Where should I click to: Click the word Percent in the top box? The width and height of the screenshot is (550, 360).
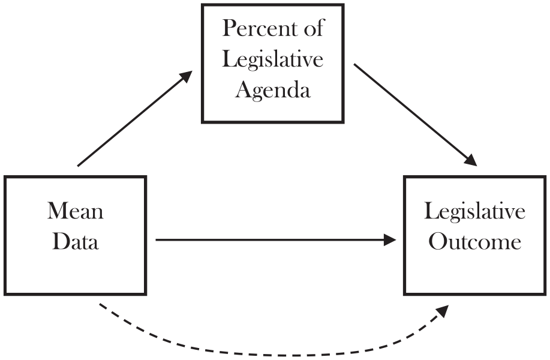[x=260, y=28]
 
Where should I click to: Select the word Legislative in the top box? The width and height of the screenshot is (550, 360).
[x=272, y=59]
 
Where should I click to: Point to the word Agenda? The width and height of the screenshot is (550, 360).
[x=273, y=91]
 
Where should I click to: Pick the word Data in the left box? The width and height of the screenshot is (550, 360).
[x=76, y=242]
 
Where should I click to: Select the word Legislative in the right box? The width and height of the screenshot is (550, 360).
[x=474, y=212]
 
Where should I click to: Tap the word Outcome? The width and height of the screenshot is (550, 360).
[x=475, y=242]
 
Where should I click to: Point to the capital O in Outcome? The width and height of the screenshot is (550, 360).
[x=438, y=242]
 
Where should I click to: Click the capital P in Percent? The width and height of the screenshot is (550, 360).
[x=229, y=28]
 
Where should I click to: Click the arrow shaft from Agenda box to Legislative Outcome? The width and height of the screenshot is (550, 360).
[x=410, y=111]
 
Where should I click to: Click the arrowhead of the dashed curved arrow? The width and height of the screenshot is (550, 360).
[x=442, y=311]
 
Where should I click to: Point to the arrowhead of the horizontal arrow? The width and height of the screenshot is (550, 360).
[x=390, y=240]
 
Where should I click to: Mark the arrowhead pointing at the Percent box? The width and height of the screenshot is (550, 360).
[x=187, y=76]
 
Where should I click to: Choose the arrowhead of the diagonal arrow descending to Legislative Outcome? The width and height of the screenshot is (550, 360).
[x=471, y=160]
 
